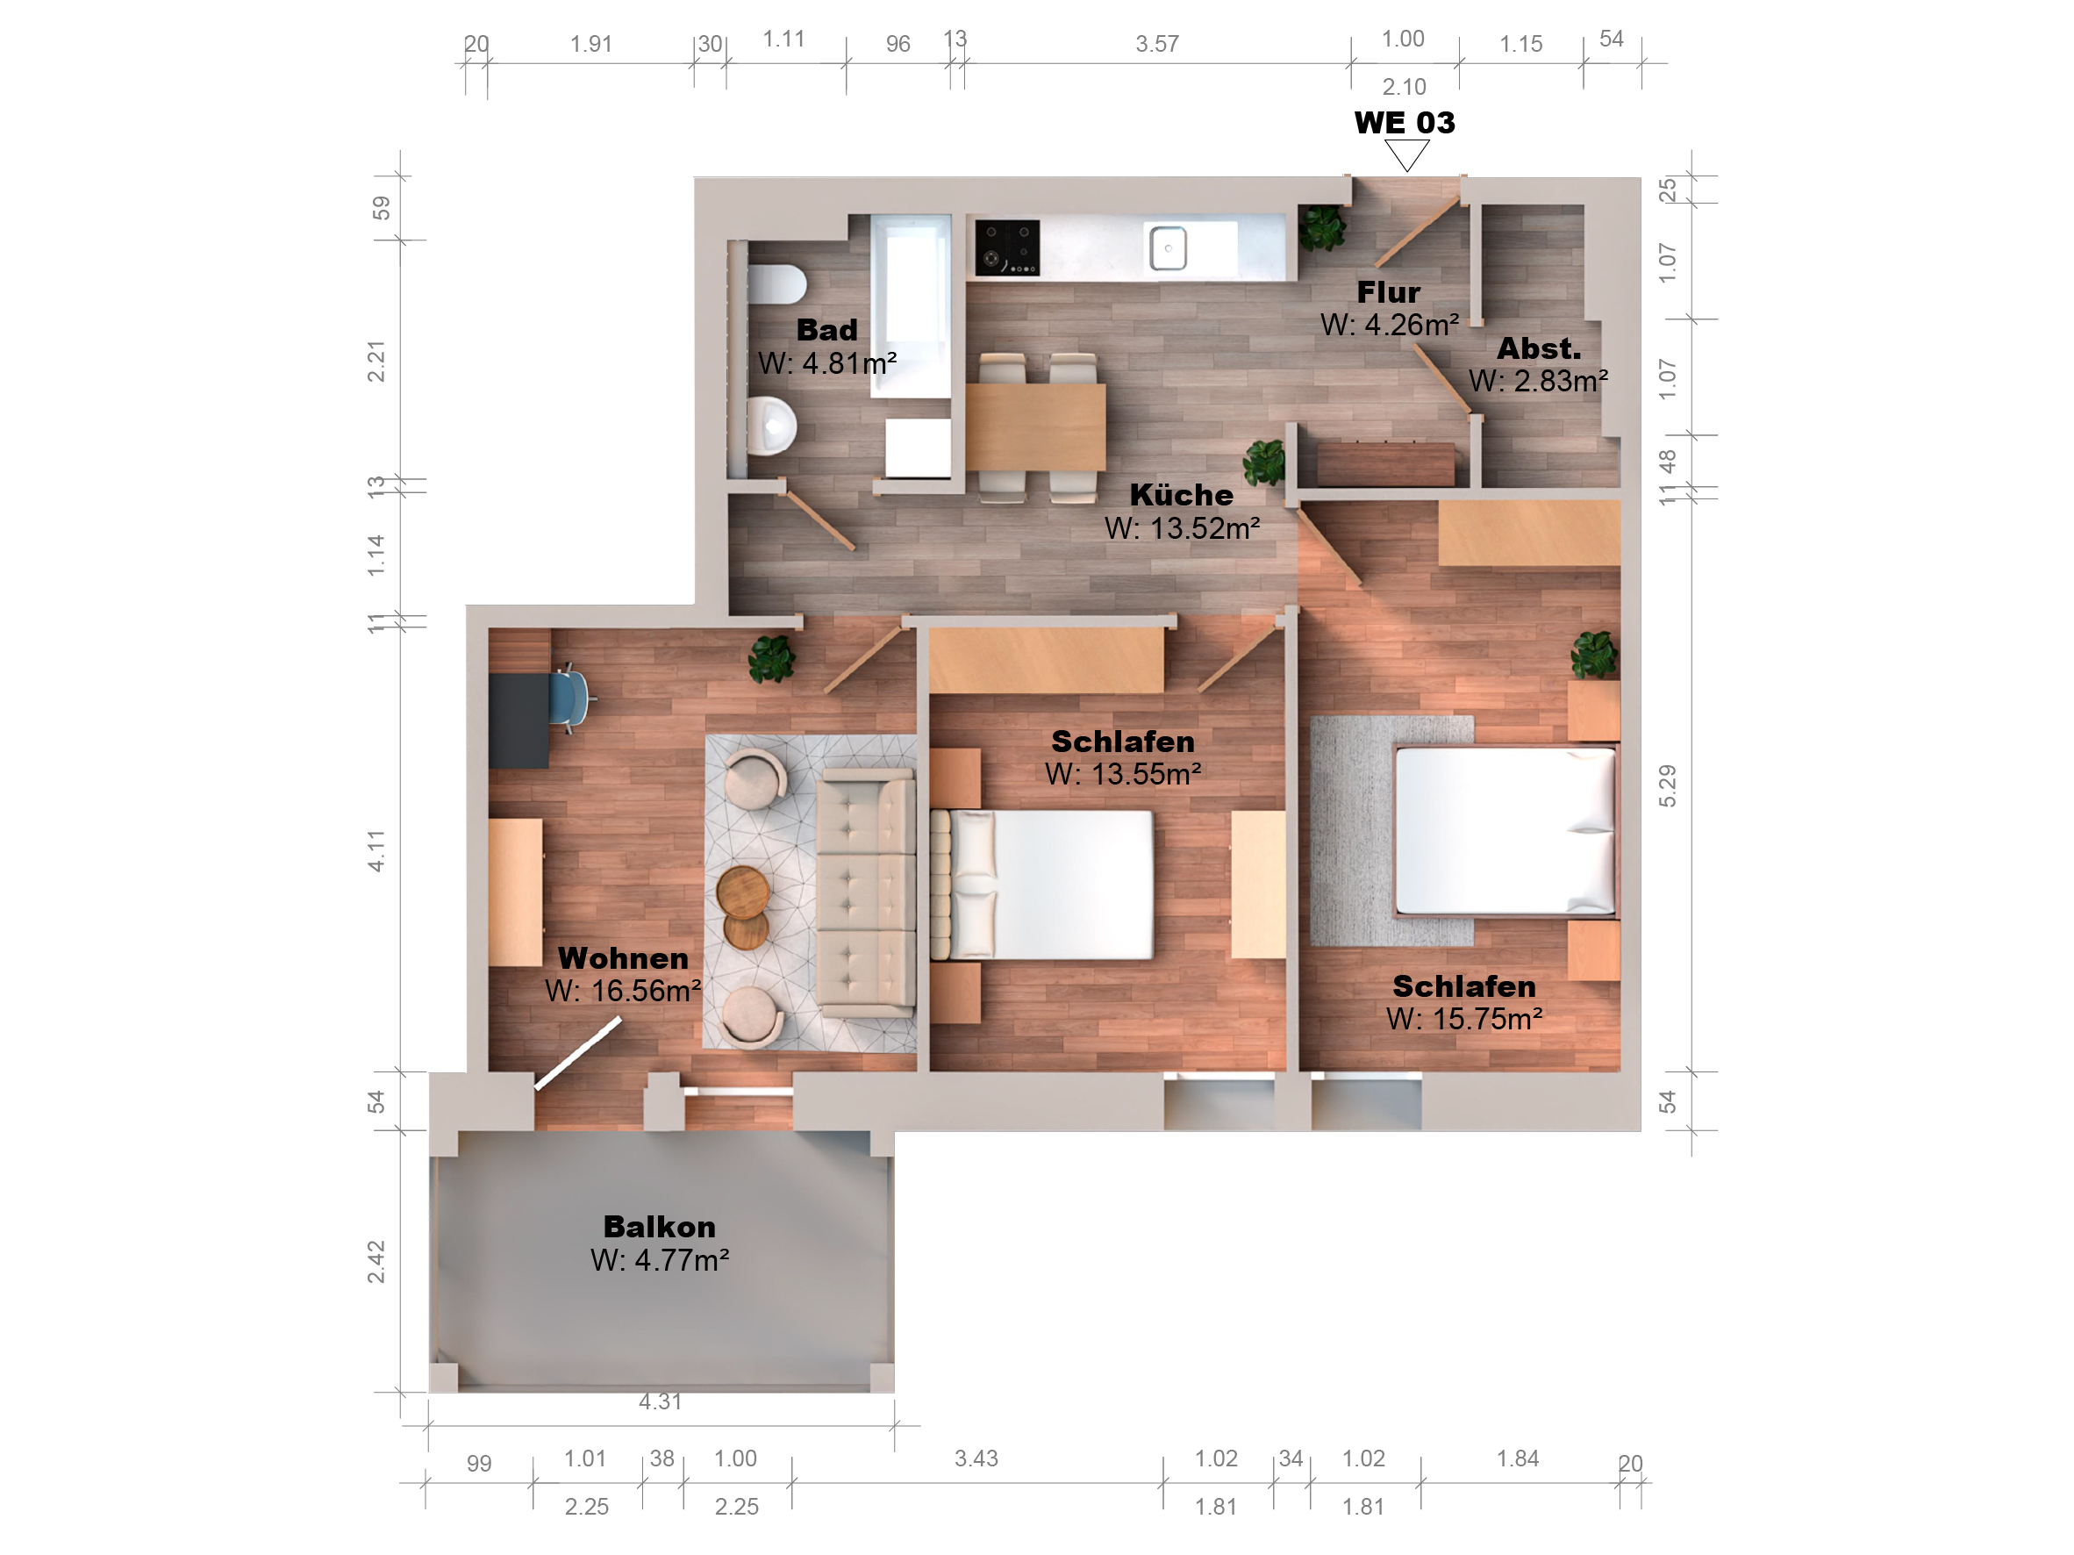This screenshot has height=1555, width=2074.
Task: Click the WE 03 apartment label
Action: pos(1404,123)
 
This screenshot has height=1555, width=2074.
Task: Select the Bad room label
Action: pos(827,330)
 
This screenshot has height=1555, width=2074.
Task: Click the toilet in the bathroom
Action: pos(777,284)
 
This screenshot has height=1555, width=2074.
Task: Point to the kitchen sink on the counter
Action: pos(1169,248)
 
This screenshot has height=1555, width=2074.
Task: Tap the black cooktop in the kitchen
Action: pos(1007,247)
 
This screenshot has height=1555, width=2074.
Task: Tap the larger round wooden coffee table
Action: pos(742,892)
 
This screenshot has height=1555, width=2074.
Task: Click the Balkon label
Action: pos(659,1227)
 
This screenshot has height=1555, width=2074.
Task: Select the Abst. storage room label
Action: pos(1539,349)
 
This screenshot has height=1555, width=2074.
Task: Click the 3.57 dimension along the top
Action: pos(1157,44)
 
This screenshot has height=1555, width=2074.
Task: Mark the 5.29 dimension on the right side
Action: pos(1667,786)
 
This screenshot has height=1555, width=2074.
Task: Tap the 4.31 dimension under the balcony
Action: pos(660,1402)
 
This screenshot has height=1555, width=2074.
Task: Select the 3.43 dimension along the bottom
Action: pos(976,1458)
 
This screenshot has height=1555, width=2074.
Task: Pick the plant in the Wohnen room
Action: pos(772,659)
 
